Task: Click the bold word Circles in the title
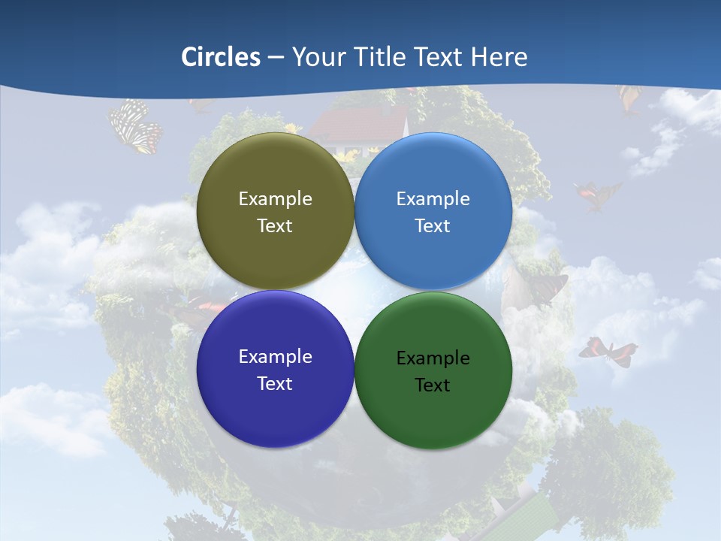[221, 56]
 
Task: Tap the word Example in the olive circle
[275, 198]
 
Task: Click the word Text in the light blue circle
[433, 225]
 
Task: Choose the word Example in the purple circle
[275, 356]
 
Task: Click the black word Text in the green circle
[433, 385]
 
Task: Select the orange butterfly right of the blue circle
[597, 195]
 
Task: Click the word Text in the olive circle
[275, 225]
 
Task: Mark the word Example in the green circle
[433, 358]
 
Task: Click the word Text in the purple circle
[275, 383]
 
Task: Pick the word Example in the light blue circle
[433, 198]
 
